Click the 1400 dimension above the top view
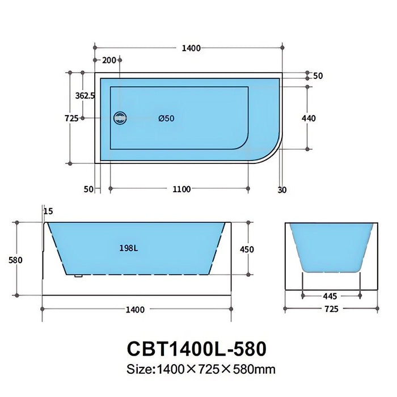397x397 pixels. coord(192,48)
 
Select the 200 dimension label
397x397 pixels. coord(108,60)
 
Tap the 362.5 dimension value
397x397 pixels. coord(85,96)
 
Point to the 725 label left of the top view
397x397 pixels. coord(71,119)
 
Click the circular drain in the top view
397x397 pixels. coord(120,118)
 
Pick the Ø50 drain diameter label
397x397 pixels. coord(166,119)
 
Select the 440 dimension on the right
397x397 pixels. coord(309,119)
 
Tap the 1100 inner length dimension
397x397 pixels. coord(181,189)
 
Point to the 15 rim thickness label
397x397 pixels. coord(48,211)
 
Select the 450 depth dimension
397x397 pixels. coord(247,250)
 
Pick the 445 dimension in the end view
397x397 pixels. coord(331,295)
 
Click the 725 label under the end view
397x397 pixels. coord(331,309)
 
